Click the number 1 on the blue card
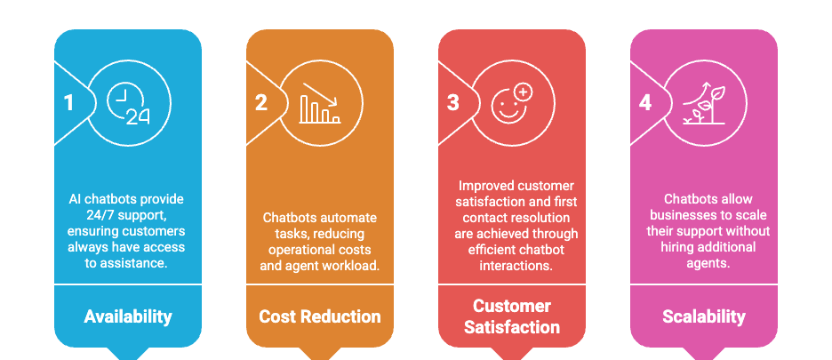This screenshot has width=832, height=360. [x=68, y=102]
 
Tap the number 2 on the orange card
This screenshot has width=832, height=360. [x=260, y=102]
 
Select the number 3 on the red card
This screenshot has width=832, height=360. [x=452, y=102]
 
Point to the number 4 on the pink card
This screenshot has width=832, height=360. [x=644, y=102]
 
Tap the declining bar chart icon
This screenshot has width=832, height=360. [x=320, y=103]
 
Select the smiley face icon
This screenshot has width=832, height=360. [x=511, y=102]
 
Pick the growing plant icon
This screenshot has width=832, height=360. [x=703, y=103]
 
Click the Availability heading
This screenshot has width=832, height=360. [x=128, y=316]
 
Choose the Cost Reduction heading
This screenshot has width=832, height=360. [x=320, y=316]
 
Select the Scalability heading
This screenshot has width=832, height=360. [x=704, y=316]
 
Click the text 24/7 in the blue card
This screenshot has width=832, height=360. [x=87, y=216]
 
